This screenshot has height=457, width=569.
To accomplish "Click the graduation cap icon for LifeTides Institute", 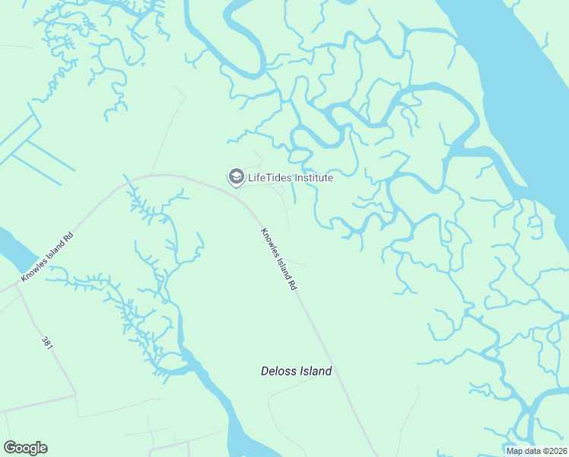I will (x=236, y=177).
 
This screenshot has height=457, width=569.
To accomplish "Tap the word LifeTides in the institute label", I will (x=269, y=177).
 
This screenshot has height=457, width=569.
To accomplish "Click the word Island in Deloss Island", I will (x=316, y=372).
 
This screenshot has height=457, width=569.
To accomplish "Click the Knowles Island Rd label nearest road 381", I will (x=47, y=257).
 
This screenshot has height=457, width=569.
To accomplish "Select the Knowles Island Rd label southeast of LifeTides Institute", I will (x=278, y=260).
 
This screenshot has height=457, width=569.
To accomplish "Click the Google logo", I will (x=25, y=448).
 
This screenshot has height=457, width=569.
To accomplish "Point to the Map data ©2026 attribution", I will (x=536, y=451).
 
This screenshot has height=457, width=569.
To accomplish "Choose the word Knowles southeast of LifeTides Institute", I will (x=269, y=246).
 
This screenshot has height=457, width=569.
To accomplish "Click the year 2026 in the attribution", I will (x=555, y=451).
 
